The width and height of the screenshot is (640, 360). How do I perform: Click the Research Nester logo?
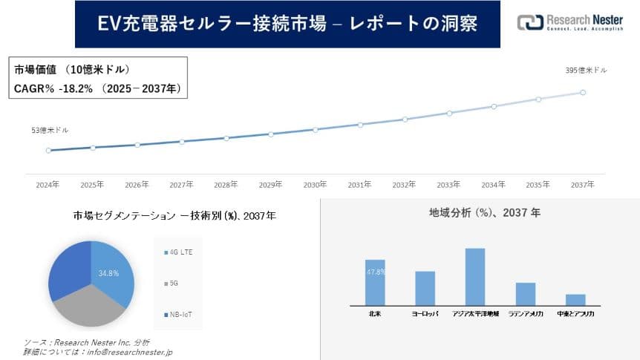(x=569, y=22)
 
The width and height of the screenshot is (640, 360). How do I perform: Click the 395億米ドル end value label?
(x=586, y=71)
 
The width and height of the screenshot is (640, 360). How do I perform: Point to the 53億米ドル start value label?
(x=50, y=130)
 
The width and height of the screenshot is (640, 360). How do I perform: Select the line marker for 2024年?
(x=48, y=150)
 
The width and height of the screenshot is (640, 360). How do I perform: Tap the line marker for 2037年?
(x=583, y=93)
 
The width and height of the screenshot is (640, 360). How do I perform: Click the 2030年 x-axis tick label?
(x=316, y=184)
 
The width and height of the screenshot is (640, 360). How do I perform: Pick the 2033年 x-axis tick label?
(x=449, y=184)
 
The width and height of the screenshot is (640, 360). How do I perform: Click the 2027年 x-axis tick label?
(x=182, y=184)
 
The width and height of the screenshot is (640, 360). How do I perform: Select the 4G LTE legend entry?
(x=177, y=253)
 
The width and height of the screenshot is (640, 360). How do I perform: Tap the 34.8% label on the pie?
(x=109, y=273)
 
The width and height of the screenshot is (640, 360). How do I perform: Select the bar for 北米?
(x=375, y=282)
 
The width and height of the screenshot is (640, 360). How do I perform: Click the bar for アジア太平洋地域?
(x=475, y=276)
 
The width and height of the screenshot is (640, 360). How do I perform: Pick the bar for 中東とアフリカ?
(x=575, y=299)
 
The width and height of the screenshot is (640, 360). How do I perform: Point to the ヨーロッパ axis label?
(x=425, y=315)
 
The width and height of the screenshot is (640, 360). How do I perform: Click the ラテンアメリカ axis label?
(x=526, y=315)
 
